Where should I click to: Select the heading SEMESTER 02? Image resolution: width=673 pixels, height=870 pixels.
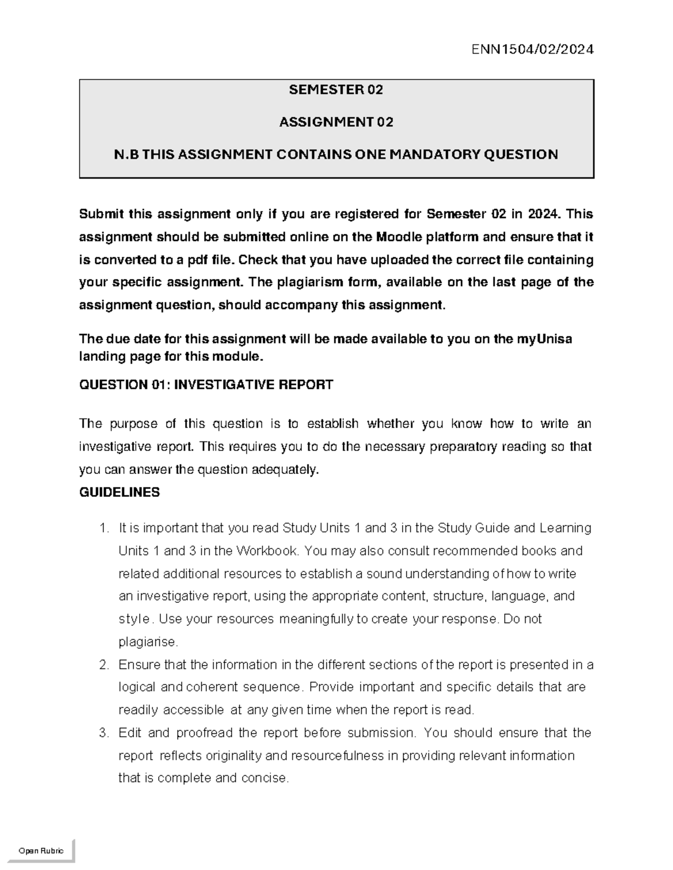[x=335, y=90]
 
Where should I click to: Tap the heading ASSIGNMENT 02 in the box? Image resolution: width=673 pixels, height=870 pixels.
[x=336, y=122]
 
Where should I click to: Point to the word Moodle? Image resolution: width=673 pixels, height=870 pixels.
[x=399, y=237]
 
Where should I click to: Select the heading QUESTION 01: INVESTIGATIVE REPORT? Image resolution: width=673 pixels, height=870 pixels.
[x=206, y=384]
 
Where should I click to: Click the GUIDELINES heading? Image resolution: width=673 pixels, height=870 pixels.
[x=119, y=492]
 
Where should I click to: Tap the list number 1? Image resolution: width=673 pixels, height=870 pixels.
[x=103, y=528]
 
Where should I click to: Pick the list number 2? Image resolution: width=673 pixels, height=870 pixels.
[x=103, y=665]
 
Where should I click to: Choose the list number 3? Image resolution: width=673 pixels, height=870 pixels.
[x=103, y=733]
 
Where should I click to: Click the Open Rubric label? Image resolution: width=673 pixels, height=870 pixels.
[x=41, y=851]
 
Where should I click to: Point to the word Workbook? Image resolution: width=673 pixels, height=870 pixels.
[x=269, y=551]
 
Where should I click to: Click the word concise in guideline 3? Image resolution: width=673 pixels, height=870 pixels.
[x=264, y=778]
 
